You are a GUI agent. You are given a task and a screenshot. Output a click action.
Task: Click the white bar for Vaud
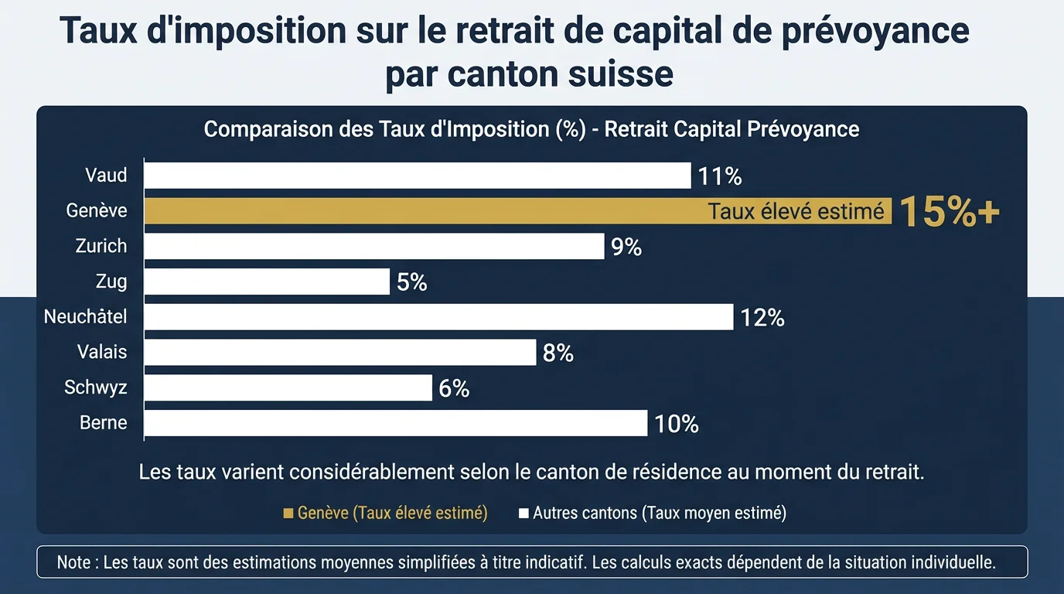[x=418, y=176]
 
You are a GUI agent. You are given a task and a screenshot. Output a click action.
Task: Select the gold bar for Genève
[x=425, y=211]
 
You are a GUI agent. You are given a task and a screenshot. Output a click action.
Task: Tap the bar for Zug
[x=267, y=282]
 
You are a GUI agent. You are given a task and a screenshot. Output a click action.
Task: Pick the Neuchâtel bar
[x=438, y=317]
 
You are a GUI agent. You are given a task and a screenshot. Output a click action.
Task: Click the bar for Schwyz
[x=288, y=387]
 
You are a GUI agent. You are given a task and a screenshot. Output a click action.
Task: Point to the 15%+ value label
[x=950, y=211]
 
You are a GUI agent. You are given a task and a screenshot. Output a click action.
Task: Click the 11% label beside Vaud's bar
[x=719, y=176]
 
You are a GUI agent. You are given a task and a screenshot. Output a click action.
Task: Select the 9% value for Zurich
[x=626, y=247]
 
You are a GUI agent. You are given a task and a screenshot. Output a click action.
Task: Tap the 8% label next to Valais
[x=558, y=353]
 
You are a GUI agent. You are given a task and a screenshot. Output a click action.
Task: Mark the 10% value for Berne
[x=677, y=424]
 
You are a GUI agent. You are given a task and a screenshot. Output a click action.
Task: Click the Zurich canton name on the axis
[x=101, y=246]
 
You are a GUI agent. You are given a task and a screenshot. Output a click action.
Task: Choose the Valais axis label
[x=102, y=352]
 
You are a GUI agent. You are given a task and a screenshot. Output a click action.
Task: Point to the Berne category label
[x=104, y=423]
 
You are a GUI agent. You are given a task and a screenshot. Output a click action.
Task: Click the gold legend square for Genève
[x=288, y=513]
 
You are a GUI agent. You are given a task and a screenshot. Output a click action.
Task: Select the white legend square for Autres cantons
[x=523, y=513]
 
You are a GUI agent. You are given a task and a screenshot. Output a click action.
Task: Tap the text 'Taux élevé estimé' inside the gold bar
[x=796, y=211]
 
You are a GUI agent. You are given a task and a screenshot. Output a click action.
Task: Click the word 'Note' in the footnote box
[x=73, y=562]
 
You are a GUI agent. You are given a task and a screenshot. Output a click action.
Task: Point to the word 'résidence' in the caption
[x=678, y=472]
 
